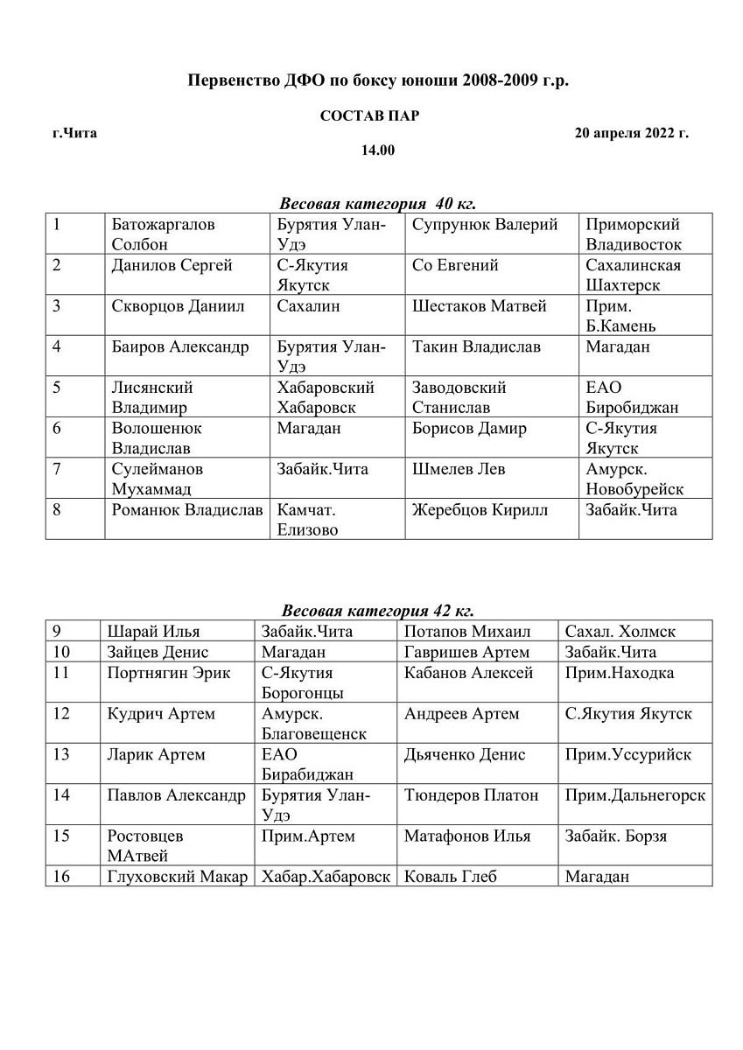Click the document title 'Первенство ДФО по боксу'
(378, 81)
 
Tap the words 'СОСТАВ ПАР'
(369, 116)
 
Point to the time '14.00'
(378, 150)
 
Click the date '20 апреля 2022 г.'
(631, 134)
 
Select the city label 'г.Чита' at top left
(74, 134)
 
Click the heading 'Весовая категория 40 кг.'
(377, 204)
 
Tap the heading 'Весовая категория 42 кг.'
(377, 611)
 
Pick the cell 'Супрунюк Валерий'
(485, 225)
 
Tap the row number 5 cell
(57, 387)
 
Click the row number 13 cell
(61, 754)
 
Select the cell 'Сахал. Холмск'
(620, 632)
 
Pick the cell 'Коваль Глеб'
(450, 876)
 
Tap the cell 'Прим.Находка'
(620, 673)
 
